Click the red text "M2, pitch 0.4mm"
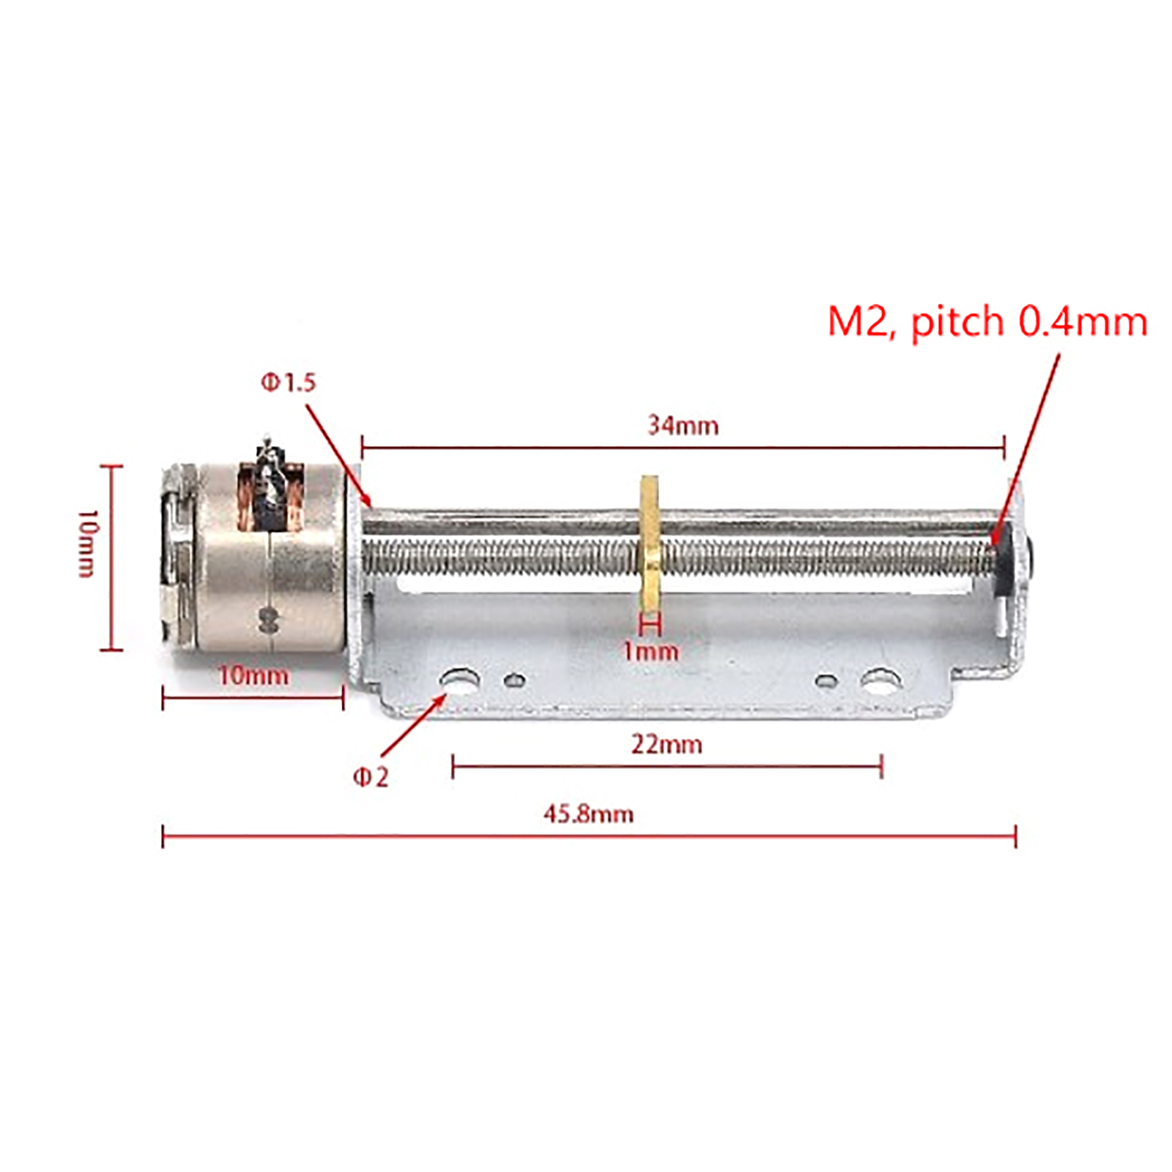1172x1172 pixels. [x=987, y=322]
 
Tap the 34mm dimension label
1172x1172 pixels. [x=683, y=426]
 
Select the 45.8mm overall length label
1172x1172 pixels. [x=588, y=814]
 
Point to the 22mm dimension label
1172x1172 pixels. [x=667, y=745]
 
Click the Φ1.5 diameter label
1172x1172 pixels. [x=289, y=382]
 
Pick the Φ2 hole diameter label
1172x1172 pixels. [x=371, y=777]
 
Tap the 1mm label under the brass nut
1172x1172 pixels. [x=650, y=651]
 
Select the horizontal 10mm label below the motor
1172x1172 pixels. [x=253, y=675]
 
